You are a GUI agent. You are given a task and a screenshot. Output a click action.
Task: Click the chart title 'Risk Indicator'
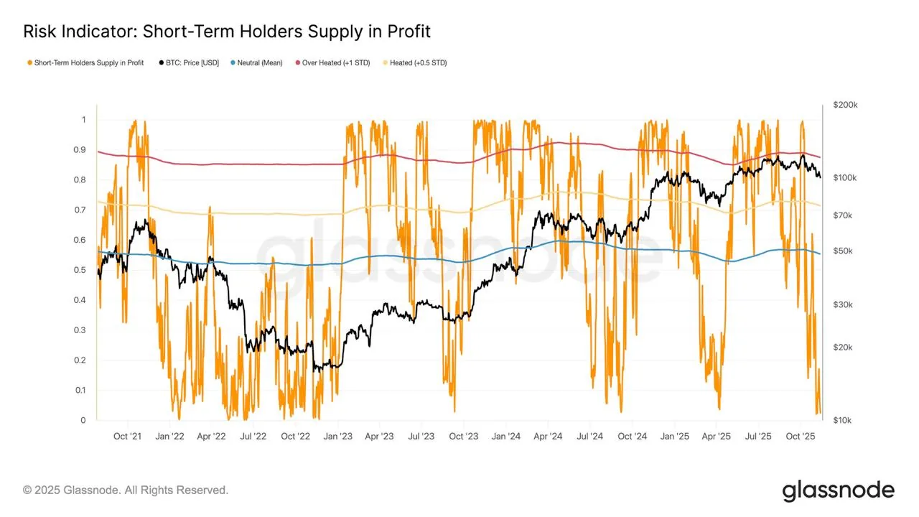[80, 32]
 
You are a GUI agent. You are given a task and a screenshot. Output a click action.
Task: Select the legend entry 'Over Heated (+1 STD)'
[335, 63]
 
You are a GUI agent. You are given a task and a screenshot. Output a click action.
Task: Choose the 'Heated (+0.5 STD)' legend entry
[417, 63]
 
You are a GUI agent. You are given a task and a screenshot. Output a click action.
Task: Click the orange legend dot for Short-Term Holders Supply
[29, 63]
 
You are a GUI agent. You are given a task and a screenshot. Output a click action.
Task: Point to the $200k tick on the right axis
[845, 105]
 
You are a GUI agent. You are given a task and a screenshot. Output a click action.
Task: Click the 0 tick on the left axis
[83, 420]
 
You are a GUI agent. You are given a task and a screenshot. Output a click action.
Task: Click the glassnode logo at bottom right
[838, 490]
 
